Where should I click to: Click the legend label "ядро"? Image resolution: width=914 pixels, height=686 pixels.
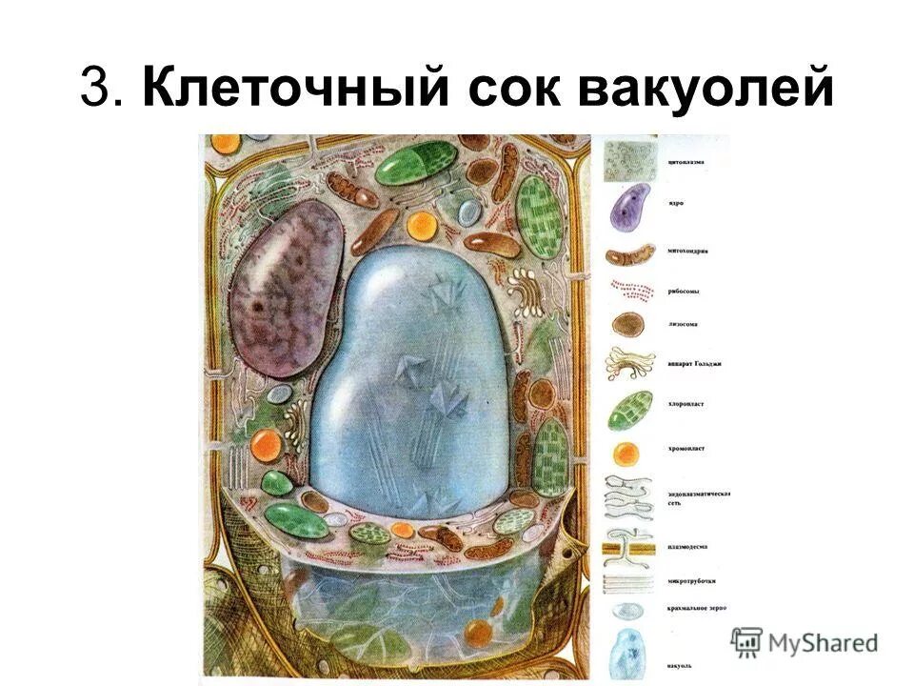click(x=677, y=203)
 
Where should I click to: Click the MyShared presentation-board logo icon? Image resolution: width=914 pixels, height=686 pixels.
click(x=747, y=639)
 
